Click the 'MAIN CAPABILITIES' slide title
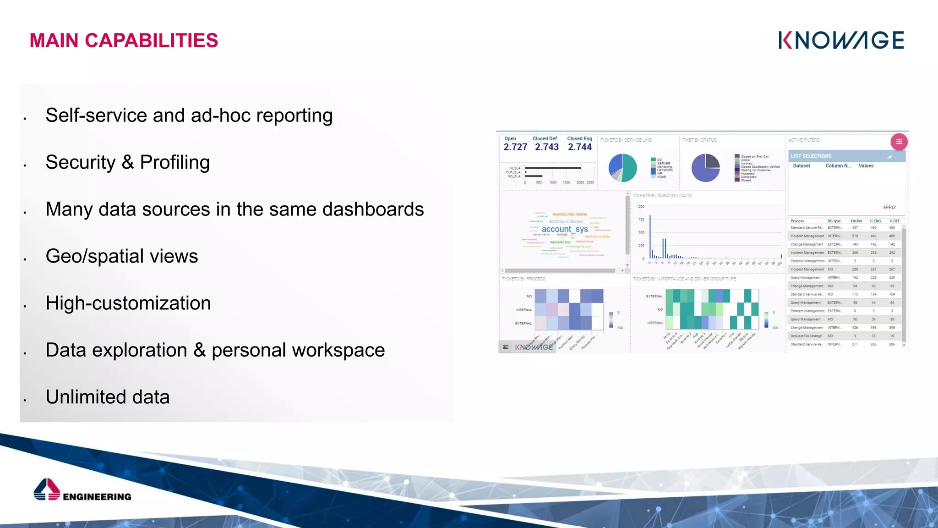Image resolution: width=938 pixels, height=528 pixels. pyautogui.click(x=124, y=40)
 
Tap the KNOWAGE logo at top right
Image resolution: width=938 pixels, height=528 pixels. pyautogui.click(x=841, y=40)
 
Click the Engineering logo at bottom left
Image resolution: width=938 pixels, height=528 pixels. pyautogui.click(x=82, y=490)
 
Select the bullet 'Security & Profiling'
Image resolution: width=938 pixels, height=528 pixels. pyautogui.click(x=127, y=162)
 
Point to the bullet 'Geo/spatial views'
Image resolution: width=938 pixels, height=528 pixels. pyautogui.click(x=121, y=256)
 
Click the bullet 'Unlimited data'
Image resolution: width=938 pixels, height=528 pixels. pyautogui.click(x=108, y=397)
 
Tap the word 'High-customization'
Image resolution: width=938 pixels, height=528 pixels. pyautogui.click(x=128, y=303)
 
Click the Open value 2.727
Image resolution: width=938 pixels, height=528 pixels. pyautogui.click(x=515, y=147)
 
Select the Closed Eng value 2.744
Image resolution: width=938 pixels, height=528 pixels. pyautogui.click(x=580, y=147)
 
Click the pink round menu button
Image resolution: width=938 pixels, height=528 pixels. pyautogui.click(x=899, y=142)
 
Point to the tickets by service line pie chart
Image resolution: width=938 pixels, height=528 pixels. pyautogui.click(x=622, y=168)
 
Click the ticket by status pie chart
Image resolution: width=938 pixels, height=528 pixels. pyautogui.click(x=705, y=168)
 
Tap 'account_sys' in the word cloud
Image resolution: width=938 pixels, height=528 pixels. pyautogui.click(x=565, y=229)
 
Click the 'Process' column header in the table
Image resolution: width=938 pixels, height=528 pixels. pyautogui.click(x=797, y=221)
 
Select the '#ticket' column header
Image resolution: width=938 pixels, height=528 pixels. pyautogui.click(x=856, y=221)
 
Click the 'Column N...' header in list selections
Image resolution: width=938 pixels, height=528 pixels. pyautogui.click(x=838, y=166)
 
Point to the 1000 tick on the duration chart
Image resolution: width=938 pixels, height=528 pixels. pyautogui.click(x=640, y=207)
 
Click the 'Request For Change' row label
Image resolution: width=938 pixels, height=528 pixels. pyautogui.click(x=806, y=336)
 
